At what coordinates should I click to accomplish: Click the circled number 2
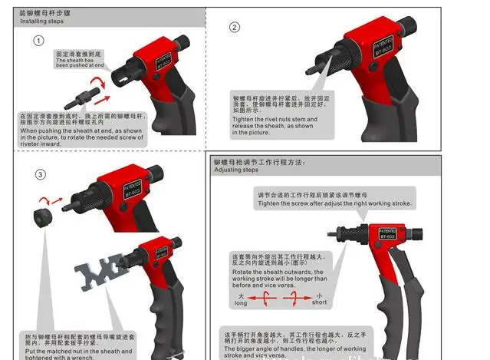pyautogui.click(x=235, y=28)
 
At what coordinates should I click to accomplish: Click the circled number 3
pyautogui.click(x=41, y=175)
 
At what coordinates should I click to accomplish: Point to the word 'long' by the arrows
pyautogui.click(x=241, y=304)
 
